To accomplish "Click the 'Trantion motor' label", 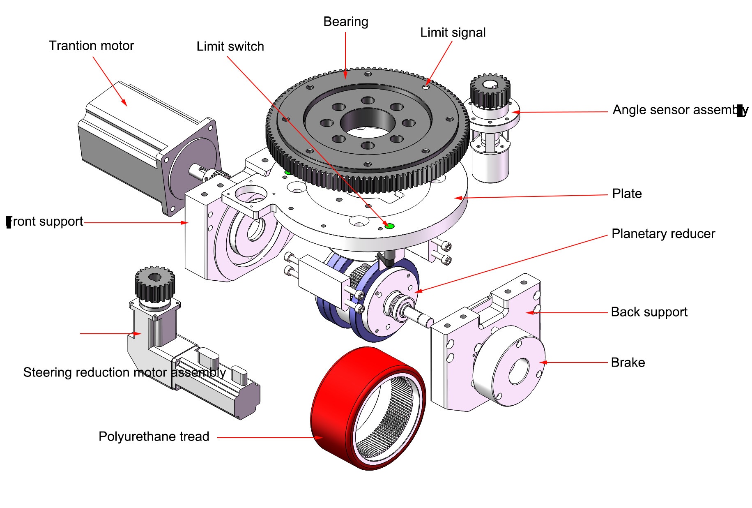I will click(x=91, y=46).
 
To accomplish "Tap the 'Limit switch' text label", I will click(x=230, y=46).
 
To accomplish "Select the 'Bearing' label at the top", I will click(x=345, y=22).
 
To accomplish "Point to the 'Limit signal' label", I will click(x=453, y=32).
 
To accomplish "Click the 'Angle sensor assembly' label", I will click(x=680, y=110).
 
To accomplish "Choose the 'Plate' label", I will click(x=627, y=194).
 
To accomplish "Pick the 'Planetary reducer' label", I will click(x=663, y=234).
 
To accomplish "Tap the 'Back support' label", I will click(x=649, y=312).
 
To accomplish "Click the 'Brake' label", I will click(x=628, y=363).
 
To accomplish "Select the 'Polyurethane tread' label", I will click(x=154, y=436).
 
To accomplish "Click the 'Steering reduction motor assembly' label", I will click(x=124, y=372).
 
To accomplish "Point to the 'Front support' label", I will click(x=45, y=222).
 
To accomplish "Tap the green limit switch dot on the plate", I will click(x=390, y=226).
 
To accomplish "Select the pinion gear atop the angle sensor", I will click(x=490, y=91).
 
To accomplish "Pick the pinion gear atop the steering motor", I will click(x=154, y=284).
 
